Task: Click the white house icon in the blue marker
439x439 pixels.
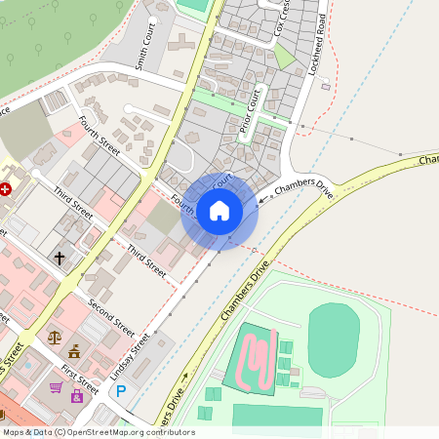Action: [219, 211]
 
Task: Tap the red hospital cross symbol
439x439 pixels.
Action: [6, 189]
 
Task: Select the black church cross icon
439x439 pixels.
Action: [60, 259]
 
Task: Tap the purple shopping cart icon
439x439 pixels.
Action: [57, 387]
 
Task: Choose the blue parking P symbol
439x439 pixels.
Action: [121, 391]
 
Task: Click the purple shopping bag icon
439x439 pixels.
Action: [76, 396]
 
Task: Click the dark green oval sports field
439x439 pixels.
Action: [334, 337]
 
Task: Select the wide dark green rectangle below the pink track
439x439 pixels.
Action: [277, 416]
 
